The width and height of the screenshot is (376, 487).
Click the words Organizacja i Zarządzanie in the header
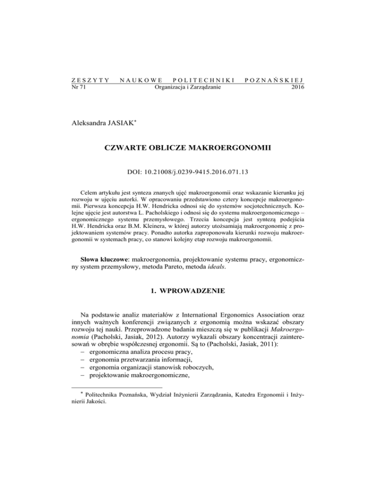[188, 88]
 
